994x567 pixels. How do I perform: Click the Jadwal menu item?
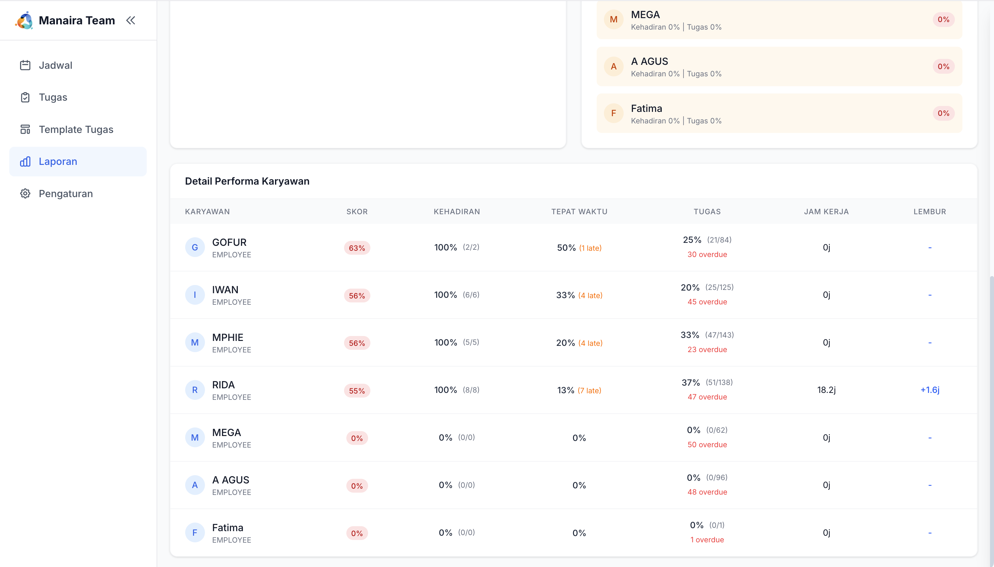click(55, 65)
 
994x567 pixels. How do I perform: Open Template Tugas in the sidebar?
click(76, 129)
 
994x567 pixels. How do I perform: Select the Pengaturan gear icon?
click(25, 193)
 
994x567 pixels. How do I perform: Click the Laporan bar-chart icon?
click(25, 162)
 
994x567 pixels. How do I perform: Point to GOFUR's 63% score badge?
click(357, 248)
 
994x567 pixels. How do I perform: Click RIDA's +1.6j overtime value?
click(930, 390)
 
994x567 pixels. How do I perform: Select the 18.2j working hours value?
click(826, 390)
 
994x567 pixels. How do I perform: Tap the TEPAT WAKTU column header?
click(579, 212)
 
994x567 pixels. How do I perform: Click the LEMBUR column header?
click(930, 212)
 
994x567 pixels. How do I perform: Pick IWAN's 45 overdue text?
click(707, 302)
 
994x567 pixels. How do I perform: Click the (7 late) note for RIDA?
click(589, 391)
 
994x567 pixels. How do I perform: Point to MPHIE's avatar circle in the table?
click(195, 343)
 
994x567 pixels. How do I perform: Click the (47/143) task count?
click(719, 335)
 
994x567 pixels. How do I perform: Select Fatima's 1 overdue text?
click(707, 540)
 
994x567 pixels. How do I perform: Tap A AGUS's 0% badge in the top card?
click(943, 66)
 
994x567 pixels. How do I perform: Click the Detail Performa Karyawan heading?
click(247, 181)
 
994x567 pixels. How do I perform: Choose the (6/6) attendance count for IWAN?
click(471, 295)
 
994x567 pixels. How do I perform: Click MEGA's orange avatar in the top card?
click(613, 19)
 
